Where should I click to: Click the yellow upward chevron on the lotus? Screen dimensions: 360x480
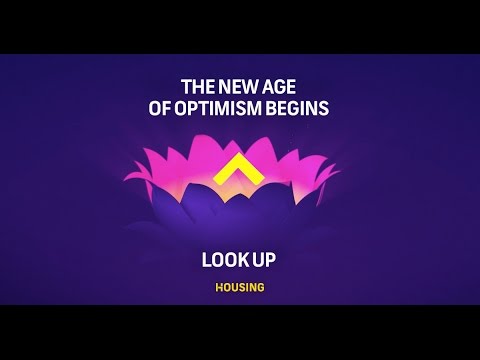(239, 171)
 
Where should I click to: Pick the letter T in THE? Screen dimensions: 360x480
(183, 87)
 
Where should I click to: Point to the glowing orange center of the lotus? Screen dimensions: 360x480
(240, 190)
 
